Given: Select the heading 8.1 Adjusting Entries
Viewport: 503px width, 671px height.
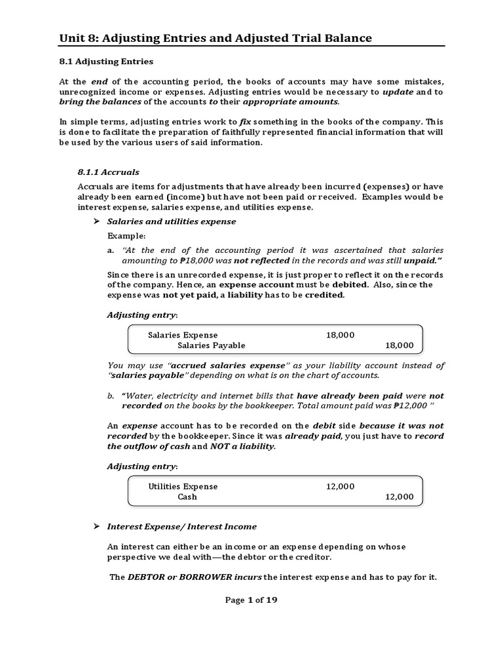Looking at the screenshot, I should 106,62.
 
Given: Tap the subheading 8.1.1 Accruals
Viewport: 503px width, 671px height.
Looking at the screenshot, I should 108,172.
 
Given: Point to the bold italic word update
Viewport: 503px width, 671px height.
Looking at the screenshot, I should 398,92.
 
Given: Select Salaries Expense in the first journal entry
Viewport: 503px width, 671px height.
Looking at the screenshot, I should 183,335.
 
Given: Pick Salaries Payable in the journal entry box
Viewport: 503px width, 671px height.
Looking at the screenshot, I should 212,345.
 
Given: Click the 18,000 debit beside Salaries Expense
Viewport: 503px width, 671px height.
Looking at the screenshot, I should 340,335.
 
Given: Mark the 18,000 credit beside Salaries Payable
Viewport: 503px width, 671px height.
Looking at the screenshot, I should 399,345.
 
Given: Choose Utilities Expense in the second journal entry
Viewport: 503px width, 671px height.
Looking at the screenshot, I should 183,486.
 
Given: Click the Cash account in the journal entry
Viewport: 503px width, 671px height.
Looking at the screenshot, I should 187,497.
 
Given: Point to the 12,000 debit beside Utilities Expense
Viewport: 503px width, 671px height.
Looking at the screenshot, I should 340,486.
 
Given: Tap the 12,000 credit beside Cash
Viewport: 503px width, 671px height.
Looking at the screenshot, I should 399,497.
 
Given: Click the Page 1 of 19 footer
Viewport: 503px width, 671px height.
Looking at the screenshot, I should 251,600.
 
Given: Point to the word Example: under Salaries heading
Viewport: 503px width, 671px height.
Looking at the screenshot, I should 127,236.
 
